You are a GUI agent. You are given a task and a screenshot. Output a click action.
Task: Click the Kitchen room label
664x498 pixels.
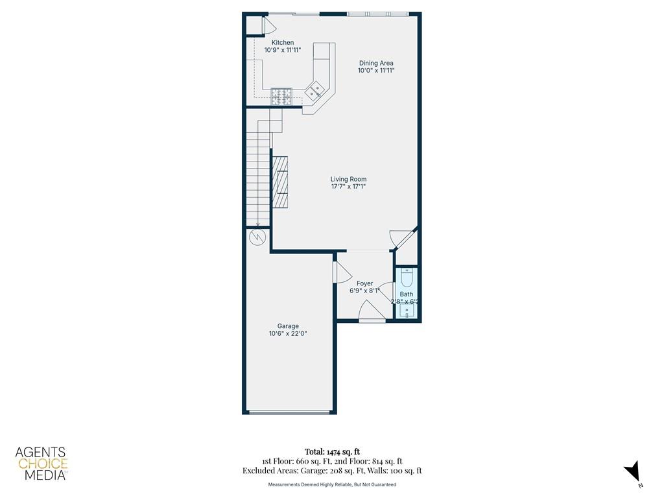[x=282, y=43]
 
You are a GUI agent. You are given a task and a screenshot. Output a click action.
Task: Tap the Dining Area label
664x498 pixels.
[x=376, y=64]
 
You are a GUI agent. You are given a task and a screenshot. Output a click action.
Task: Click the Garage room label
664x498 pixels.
[x=288, y=326]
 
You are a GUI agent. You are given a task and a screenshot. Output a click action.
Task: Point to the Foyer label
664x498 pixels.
[x=364, y=283]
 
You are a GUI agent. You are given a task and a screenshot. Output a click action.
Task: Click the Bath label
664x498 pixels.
[x=406, y=294]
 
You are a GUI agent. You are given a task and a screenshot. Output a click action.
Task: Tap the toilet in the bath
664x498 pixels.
[x=407, y=278]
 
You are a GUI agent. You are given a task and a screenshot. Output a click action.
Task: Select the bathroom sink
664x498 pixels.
[x=407, y=311]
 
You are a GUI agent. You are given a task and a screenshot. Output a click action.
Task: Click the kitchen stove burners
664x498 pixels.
[x=281, y=96]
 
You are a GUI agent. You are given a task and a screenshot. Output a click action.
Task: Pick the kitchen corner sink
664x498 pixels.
[x=316, y=91]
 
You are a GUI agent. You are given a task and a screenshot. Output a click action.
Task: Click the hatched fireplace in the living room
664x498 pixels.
[x=280, y=182]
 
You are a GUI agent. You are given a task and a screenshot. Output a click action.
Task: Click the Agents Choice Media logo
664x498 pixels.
[x=41, y=463]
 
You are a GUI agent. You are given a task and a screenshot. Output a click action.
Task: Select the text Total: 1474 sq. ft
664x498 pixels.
[x=332, y=451]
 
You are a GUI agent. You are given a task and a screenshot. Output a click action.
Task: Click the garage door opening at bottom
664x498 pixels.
[x=289, y=412]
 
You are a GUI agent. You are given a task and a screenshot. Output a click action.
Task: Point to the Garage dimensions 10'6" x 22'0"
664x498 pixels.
[x=288, y=335]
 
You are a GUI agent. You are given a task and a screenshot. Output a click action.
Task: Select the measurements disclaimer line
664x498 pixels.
[x=332, y=484]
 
